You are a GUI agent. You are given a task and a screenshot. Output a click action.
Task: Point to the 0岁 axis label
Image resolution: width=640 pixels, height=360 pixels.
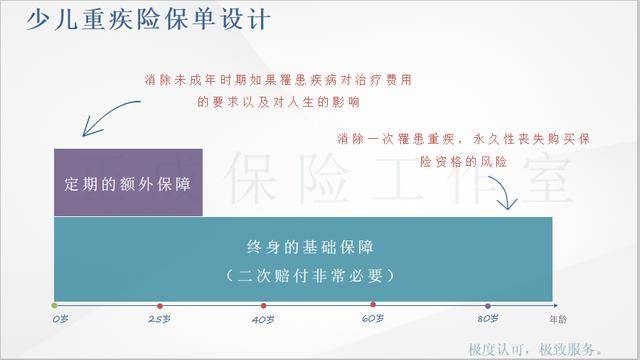(59, 318)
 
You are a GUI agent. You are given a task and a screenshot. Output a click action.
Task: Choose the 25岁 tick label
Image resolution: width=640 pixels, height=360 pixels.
(158, 318)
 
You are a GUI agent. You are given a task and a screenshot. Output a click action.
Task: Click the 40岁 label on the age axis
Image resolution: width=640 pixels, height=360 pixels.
(263, 318)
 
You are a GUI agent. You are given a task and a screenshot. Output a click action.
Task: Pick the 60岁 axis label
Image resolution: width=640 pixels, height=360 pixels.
(373, 318)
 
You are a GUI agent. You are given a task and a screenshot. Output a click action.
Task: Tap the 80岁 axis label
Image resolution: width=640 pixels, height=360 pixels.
(487, 318)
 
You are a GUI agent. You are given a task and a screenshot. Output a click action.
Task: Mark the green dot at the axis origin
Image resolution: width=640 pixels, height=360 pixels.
(55, 304)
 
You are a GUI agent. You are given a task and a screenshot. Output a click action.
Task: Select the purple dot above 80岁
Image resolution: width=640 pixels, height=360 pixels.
(487, 304)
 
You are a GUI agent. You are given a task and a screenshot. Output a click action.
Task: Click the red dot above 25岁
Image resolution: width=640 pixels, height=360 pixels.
(159, 304)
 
